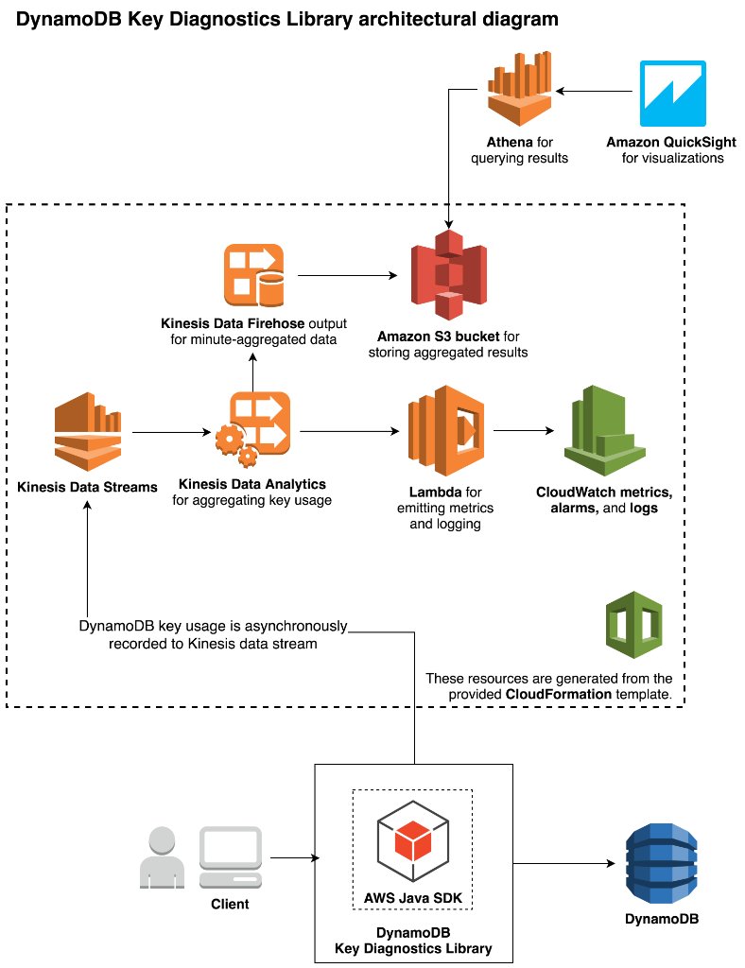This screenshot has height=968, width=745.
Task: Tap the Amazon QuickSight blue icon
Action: tap(671, 93)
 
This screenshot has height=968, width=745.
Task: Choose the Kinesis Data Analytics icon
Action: tap(252, 431)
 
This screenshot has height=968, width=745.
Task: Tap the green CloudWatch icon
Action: tap(604, 430)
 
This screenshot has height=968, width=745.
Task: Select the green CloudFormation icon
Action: tap(634, 625)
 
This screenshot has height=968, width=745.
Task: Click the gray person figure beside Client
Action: tap(163, 857)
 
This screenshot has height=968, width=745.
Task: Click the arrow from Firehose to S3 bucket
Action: tap(347, 276)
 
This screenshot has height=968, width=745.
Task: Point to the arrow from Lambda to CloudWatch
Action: tap(523, 431)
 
